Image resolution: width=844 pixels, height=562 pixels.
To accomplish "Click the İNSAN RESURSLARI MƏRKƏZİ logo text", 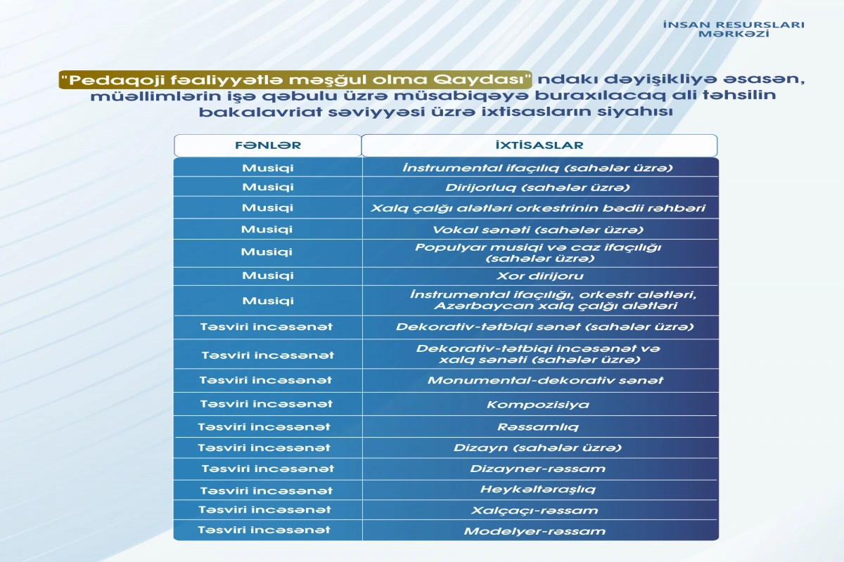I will [x=734, y=29].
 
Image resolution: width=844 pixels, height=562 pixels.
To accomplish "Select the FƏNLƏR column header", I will [x=267, y=145].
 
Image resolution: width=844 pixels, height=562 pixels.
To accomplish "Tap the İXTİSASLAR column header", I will [x=539, y=145].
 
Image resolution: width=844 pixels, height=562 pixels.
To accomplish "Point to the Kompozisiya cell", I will [x=538, y=404].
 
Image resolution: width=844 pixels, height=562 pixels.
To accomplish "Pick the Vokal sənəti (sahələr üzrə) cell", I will [x=539, y=229].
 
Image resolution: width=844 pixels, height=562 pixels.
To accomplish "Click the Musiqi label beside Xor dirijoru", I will [x=268, y=275].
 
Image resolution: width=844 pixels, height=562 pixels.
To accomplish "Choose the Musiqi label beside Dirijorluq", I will [x=268, y=188].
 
